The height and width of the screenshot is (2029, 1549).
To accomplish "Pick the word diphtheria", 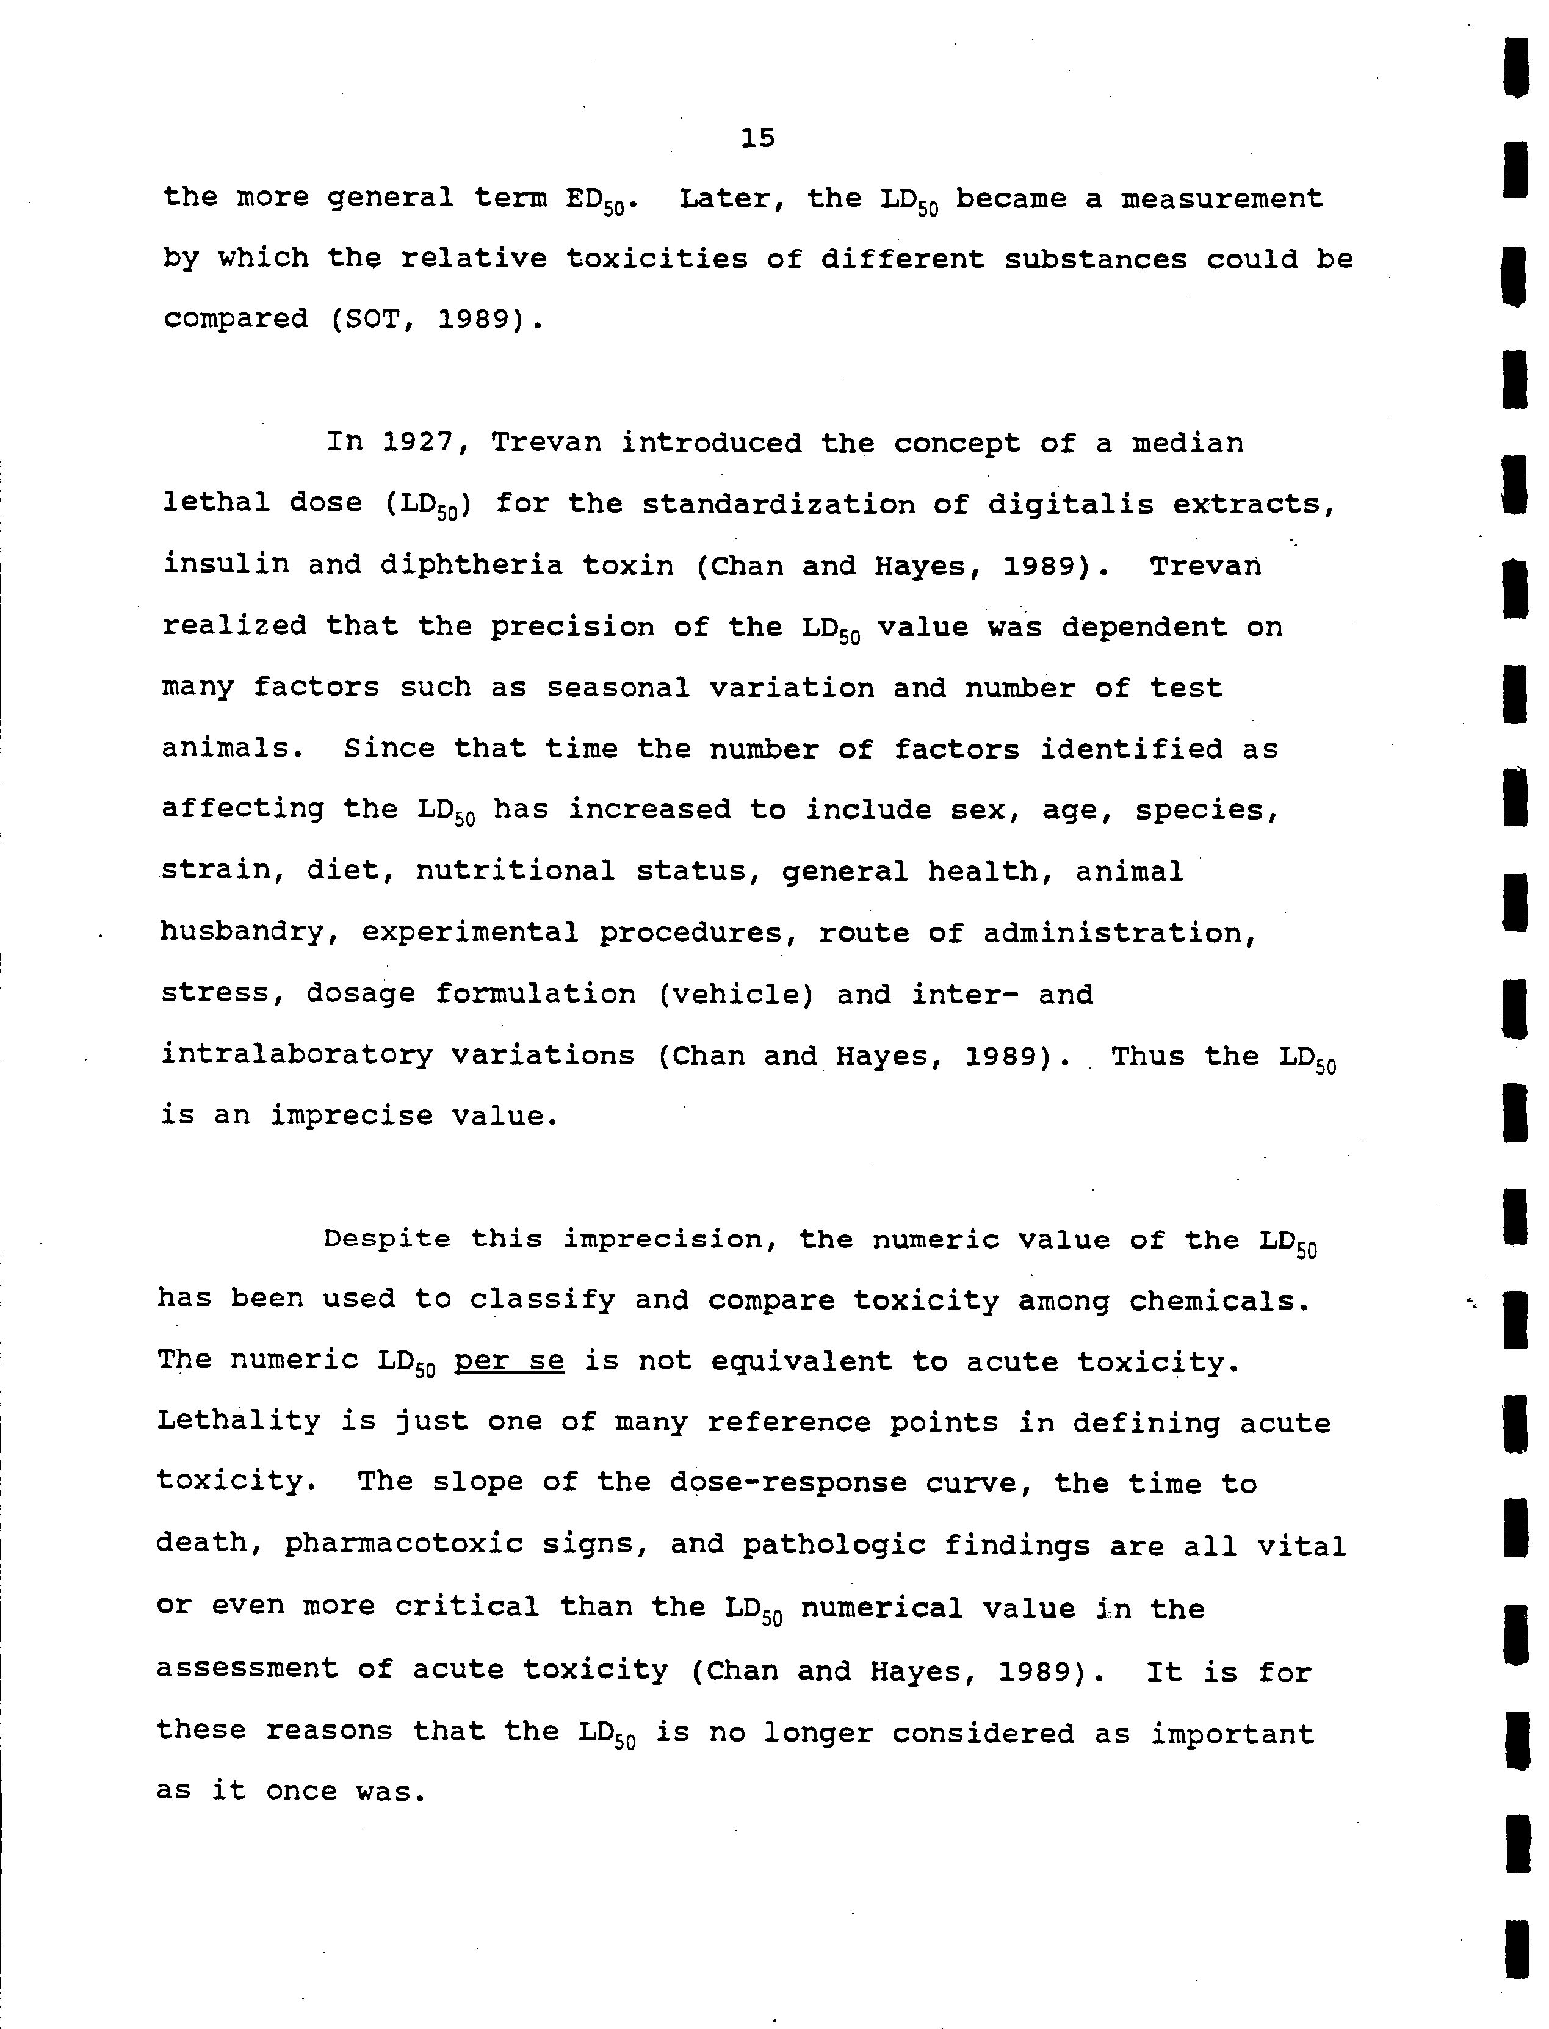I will (471, 564).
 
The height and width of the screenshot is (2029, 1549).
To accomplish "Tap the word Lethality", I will (238, 1421).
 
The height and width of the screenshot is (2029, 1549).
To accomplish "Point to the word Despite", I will (386, 1239).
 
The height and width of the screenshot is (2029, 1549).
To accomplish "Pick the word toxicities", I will (657, 259).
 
